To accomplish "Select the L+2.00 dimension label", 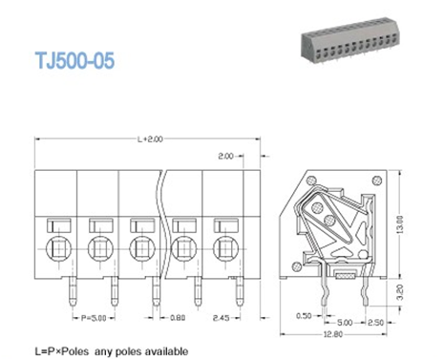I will [x=151, y=139].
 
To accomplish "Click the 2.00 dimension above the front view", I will [x=225, y=155].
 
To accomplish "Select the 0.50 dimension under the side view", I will [x=303, y=313].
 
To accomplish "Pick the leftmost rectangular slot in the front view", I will [x=56, y=226].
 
